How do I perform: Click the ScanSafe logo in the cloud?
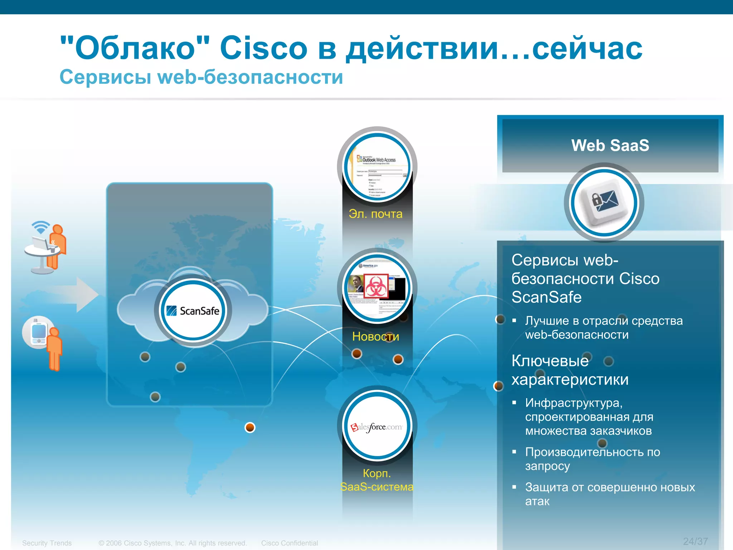tap(193, 310)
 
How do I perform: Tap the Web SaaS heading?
tap(610, 145)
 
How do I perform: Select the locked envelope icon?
tap(604, 202)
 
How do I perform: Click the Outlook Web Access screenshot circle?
tap(377, 167)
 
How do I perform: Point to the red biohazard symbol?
tap(376, 285)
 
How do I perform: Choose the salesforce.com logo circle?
tap(377, 426)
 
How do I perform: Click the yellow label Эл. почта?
tap(375, 214)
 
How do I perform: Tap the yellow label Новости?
tap(375, 336)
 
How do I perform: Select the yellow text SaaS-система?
tap(377, 487)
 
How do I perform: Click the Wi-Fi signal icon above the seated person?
tap(40, 227)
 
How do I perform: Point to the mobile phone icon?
tap(38, 332)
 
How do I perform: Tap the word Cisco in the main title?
tap(263, 48)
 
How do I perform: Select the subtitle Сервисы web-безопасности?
tap(201, 77)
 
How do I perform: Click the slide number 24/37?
tap(695, 541)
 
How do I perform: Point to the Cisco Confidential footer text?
tap(289, 543)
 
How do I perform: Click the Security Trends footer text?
tap(47, 543)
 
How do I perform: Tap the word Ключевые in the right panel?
tap(550, 361)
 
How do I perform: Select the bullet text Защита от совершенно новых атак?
tap(610, 494)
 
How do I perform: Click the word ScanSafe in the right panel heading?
tap(547, 297)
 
